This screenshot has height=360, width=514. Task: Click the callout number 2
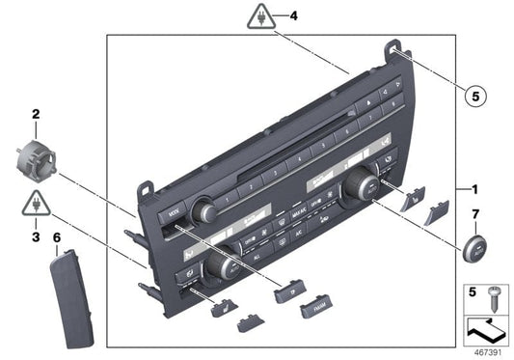point(36,114)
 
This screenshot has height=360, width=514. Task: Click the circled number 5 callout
point(473,95)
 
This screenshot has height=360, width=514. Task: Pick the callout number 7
point(474,213)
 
